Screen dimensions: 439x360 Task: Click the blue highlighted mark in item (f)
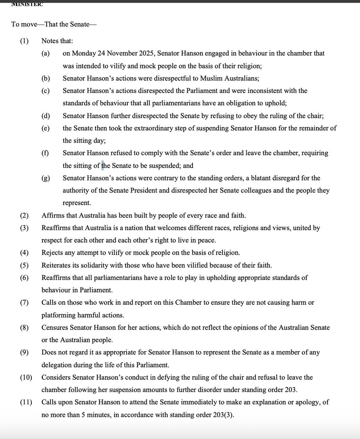(103, 166)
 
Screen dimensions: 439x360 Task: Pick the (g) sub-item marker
(46, 179)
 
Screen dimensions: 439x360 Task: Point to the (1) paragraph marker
(25, 41)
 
